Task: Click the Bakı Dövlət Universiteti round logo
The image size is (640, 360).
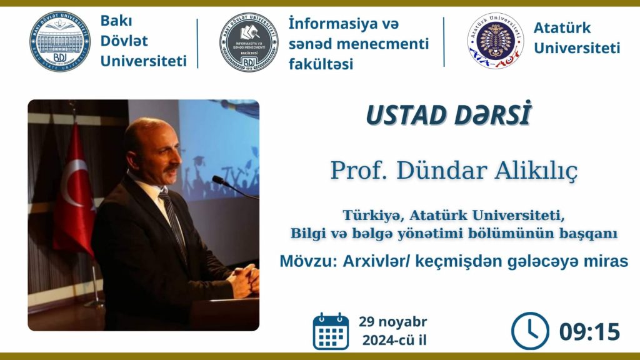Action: [59, 42]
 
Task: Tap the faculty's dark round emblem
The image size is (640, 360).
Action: [249, 42]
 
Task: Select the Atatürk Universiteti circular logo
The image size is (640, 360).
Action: [496, 41]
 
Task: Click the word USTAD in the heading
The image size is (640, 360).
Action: [405, 115]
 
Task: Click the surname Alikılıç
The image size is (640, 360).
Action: [536, 171]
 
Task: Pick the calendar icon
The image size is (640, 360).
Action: [331, 331]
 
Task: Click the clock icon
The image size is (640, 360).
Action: [530, 331]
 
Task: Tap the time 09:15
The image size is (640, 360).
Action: [589, 331]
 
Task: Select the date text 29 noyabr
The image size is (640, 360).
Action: [393, 322]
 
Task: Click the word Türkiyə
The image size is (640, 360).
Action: [373, 215]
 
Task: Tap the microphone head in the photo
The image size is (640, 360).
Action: [218, 180]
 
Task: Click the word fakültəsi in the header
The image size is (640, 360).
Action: [321, 64]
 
